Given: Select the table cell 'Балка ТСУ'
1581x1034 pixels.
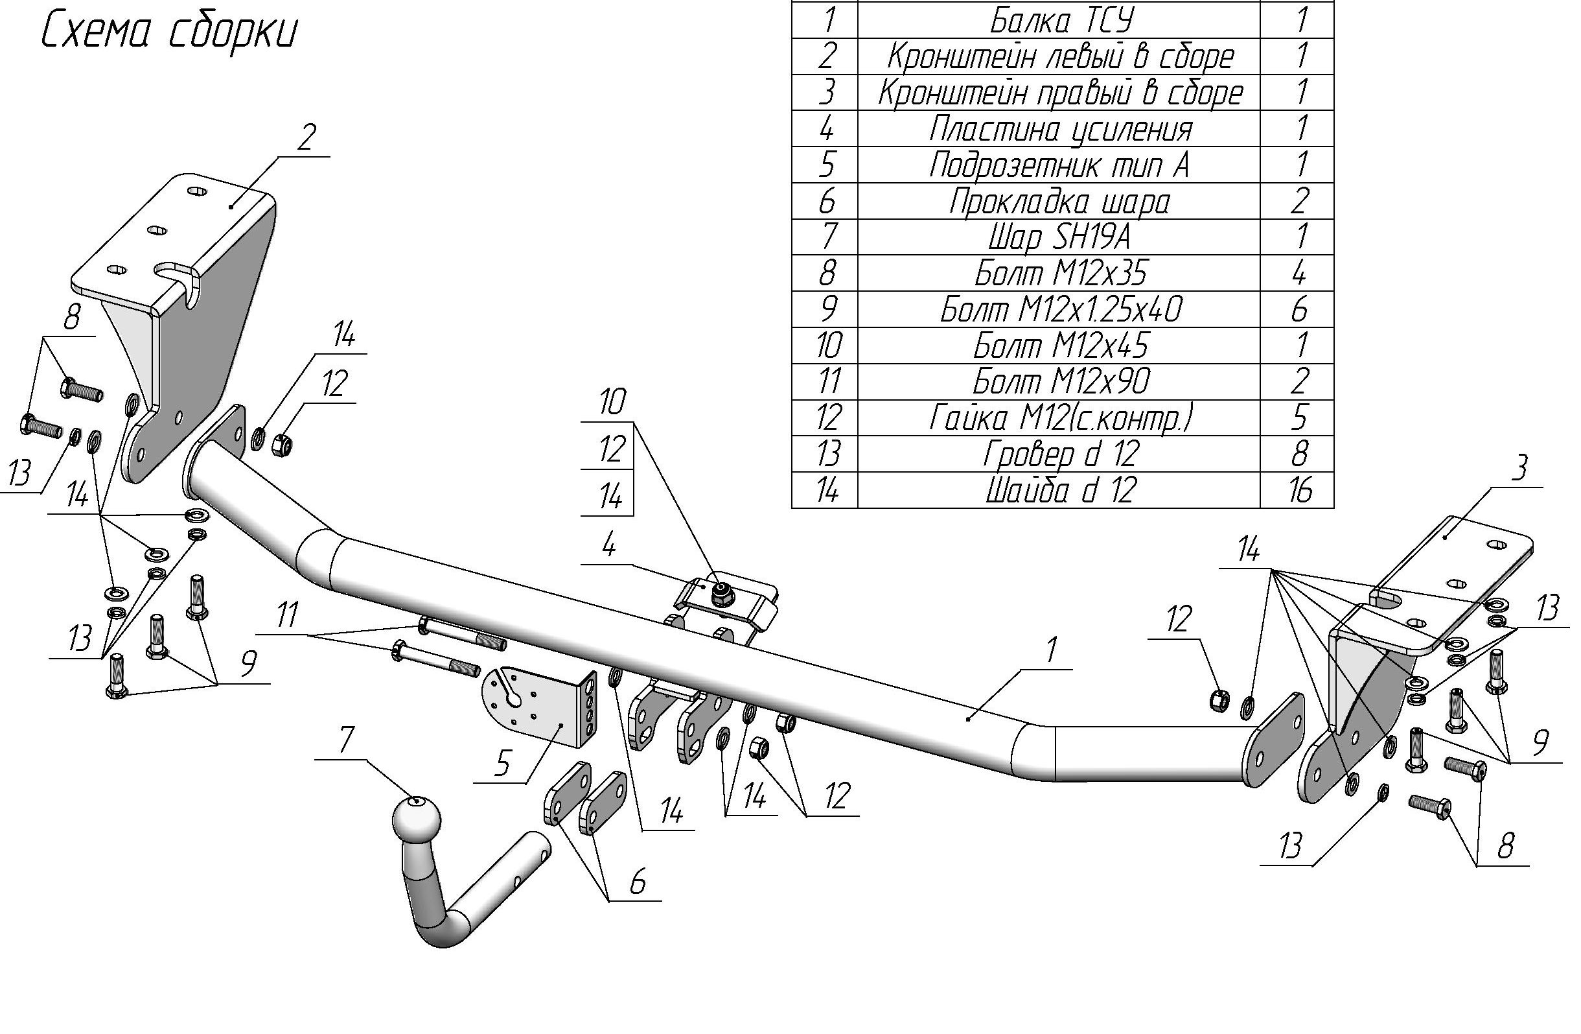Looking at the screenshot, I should [x=1059, y=20].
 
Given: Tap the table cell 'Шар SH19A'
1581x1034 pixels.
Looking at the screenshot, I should [x=1059, y=237].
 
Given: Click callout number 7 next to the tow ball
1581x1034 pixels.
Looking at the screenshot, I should [x=347, y=740].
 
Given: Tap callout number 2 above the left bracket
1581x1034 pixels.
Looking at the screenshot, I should [x=305, y=138].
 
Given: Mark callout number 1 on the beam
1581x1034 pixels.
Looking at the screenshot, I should [x=1051, y=651].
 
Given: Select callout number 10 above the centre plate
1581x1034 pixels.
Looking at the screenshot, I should [x=611, y=403].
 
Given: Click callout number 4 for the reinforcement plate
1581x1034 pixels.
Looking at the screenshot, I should [x=608, y=546].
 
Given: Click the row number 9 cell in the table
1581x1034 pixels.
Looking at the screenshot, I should [x=825, y=309].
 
